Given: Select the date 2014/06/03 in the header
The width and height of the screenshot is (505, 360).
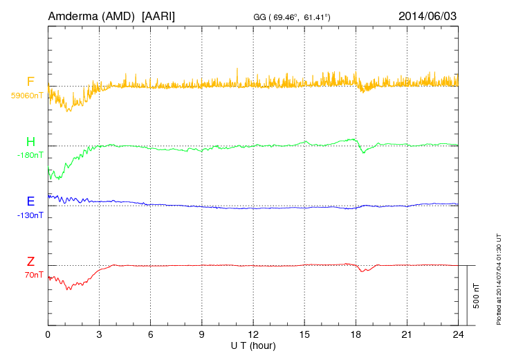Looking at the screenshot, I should click(428, 15).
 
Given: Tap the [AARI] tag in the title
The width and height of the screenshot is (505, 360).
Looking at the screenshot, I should click(158, 15).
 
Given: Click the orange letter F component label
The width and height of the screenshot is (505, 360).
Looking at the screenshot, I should click(30, 82).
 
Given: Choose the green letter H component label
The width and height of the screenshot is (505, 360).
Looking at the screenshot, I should click(30, 142).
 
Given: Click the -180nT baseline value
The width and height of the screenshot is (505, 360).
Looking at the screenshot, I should click(30, 155).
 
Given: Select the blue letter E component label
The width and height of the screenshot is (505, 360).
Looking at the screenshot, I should click(30, 201).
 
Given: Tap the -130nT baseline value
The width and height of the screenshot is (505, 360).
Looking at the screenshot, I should click(30, 215).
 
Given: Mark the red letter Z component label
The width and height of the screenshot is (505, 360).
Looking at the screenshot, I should click(30, 262).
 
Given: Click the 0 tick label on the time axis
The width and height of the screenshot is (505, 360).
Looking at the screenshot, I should click(48, 335).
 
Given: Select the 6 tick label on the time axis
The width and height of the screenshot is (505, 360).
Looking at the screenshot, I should click(150, 335).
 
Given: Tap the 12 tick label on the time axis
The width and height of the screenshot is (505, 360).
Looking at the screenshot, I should click(252, 335).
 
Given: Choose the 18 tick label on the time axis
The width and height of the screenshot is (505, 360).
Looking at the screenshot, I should click(356, 335).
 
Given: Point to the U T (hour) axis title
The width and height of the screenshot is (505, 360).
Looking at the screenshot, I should click(252, 345).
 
